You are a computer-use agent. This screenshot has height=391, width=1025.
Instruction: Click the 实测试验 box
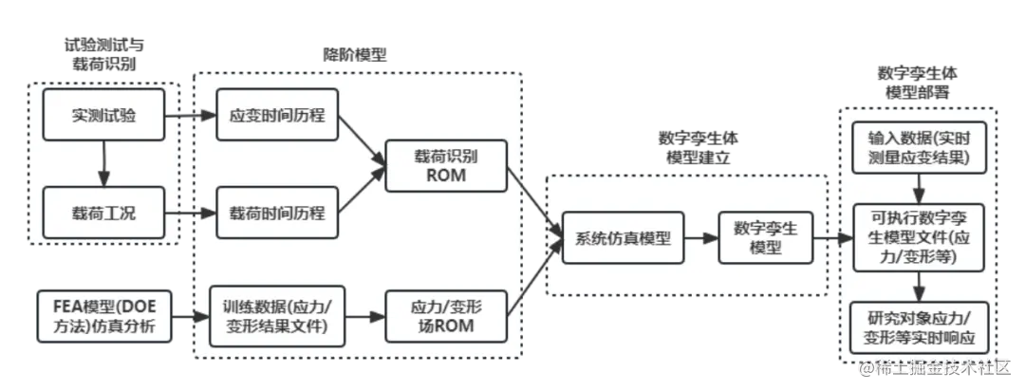point(103,116)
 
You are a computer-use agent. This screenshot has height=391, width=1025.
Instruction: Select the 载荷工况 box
point(103,214)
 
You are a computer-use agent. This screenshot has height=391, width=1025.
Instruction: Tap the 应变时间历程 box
point(277,116)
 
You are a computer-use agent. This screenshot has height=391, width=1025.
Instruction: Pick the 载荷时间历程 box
point(277,214)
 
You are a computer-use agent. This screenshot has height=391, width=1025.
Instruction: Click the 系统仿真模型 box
point(623,239)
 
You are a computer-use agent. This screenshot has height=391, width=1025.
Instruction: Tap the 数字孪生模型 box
point(766,238)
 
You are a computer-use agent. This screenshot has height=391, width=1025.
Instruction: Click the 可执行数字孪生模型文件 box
point(917,237)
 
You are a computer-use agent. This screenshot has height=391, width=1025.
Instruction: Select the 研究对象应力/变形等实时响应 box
point(917,327)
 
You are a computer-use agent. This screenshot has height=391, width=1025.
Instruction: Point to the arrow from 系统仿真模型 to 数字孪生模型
point(701,239)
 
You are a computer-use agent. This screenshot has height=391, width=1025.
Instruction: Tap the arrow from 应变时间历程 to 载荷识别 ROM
point(362,142)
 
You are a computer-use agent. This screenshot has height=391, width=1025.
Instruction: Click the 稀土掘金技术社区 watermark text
point(940,367)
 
